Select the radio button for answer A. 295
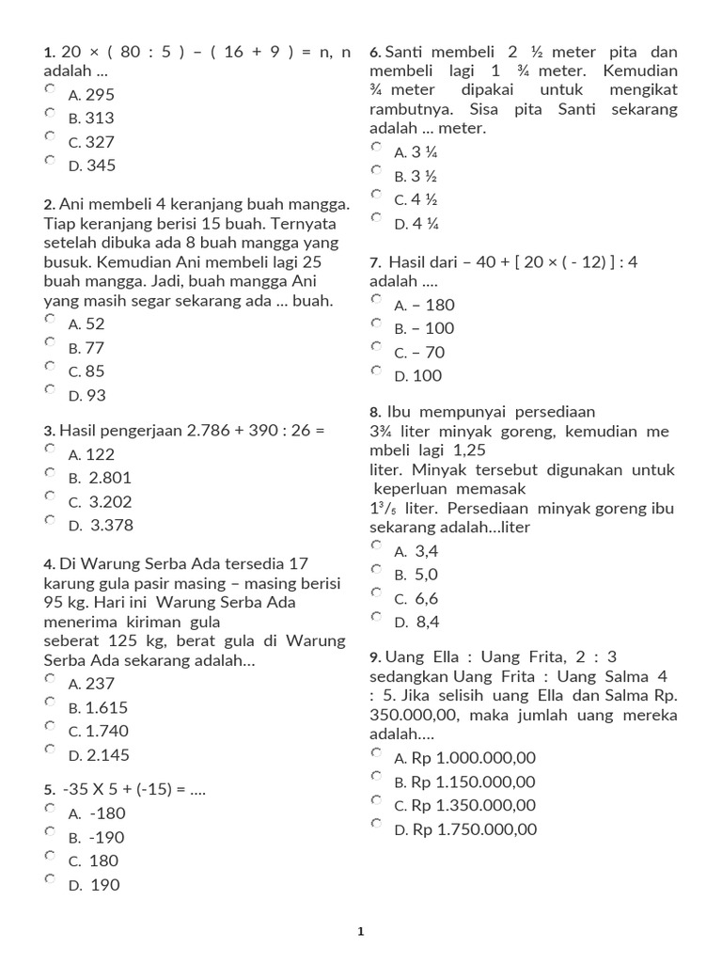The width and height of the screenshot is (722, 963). click(x=50, y=88)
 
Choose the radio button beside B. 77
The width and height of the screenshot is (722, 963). click(x=50, y=341)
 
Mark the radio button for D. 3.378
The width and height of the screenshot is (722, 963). click(x=50, y=519)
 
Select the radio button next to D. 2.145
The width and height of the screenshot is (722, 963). click(x=50, y=749)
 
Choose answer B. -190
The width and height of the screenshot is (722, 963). click(x=97, y=837)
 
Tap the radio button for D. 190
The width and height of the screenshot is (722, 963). click(x=50, y=878)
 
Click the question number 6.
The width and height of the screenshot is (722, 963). click(x=375, y=53)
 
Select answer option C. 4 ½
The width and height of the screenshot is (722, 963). click(x=416, y=199)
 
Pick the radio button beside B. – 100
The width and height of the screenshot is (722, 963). click(x=376, y=323)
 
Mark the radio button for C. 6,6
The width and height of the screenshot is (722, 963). click(x=376, y=592)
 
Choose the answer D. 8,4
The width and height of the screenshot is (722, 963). click(x=416, y=622)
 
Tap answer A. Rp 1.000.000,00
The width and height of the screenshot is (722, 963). click(x=464, y=758)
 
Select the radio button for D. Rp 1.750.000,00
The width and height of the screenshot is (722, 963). click(x=376, y=823)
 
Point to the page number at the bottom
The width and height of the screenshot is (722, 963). click(x=360, y=932)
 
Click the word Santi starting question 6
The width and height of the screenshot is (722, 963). click(x=405, y=52)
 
